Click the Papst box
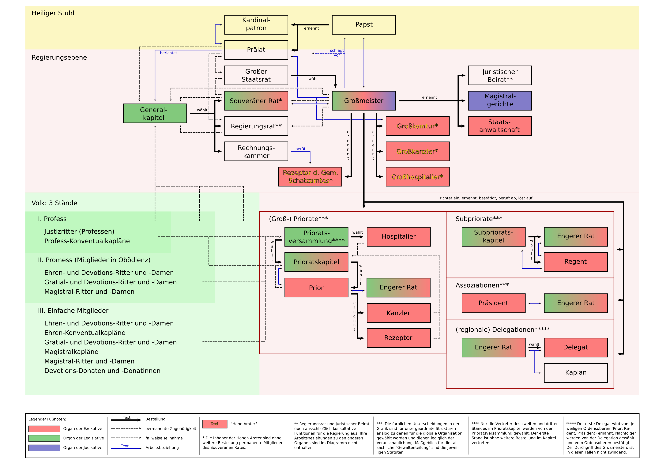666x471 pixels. point(363,25)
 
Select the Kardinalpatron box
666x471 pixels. point(256,24)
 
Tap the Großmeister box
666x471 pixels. point(363,101)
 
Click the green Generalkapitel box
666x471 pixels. point(155,113)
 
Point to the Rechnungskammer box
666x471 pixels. point(256,151)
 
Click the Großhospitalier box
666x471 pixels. point(417,177)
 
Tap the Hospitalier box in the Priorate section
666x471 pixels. point(399,237)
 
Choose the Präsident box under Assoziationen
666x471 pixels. point(493,303)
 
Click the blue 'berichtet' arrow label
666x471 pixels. point(168,53)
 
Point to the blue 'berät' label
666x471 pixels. point(300,149)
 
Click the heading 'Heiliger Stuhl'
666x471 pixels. point(53,13)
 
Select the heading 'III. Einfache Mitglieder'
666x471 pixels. point(73,311)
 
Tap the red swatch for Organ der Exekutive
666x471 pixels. point(44,429)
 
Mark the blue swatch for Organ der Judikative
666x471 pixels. point(44,447)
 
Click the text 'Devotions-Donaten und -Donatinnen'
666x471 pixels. point(102,371)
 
